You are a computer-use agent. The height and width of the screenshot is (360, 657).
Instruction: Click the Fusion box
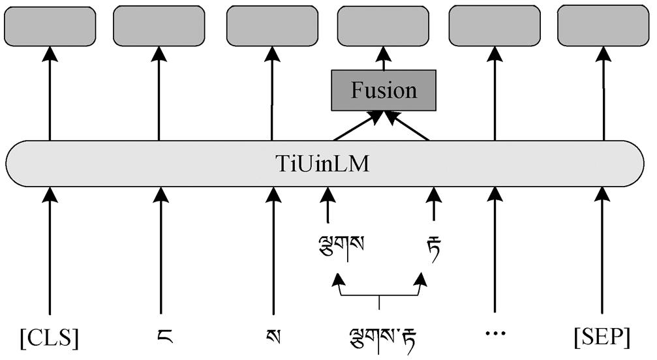[x=383, y=90]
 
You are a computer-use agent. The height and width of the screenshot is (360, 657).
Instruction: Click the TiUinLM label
[x=322, y=164]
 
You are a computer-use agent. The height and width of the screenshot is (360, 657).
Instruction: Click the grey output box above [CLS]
[x=50, y=26]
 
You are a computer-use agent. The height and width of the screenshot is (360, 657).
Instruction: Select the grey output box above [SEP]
[x=602, y=25]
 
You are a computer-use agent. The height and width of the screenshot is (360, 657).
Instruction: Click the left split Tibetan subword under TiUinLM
[x=338, y=247]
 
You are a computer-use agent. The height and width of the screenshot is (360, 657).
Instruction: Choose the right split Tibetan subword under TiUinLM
[x=433, y=247]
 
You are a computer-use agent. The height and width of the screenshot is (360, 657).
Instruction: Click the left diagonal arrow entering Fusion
[x=356, y=127]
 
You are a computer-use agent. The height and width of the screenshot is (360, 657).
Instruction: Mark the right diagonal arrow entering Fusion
[x=409, y=127]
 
